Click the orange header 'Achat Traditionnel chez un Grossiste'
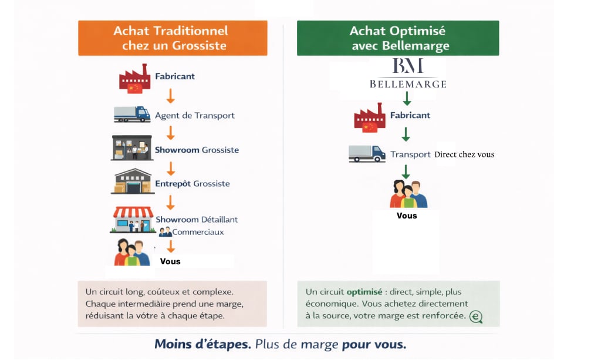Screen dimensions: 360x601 tap(173, 38)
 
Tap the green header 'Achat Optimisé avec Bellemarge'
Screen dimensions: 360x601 tap(398, 38)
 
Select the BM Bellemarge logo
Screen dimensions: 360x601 tap(408, 73)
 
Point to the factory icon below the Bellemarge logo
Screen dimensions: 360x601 tap(369, 118)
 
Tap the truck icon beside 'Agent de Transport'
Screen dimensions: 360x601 tap(132, 114)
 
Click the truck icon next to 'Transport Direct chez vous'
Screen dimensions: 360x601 tap(367, 153)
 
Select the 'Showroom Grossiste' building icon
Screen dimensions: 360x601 tap(131, 148)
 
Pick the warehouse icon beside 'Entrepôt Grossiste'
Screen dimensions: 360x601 tap(132, 181)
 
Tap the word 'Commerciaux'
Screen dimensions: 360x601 tap(198, 232)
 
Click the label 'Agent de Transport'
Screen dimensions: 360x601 tap(195, 116)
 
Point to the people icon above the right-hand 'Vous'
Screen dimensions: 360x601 tap(408, 194)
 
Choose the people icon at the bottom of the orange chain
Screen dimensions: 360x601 tap(132, 253)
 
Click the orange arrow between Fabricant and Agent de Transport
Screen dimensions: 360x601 tap(170, 96)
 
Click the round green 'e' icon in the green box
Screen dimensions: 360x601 tap(476, 317)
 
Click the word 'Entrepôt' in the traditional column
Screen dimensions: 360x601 tap(173, 184)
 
